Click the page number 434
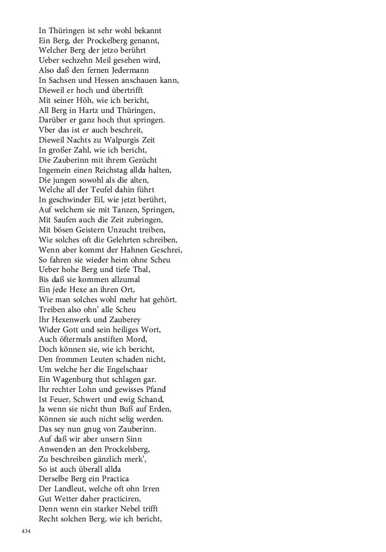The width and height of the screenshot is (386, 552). click(x=26, y=531)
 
